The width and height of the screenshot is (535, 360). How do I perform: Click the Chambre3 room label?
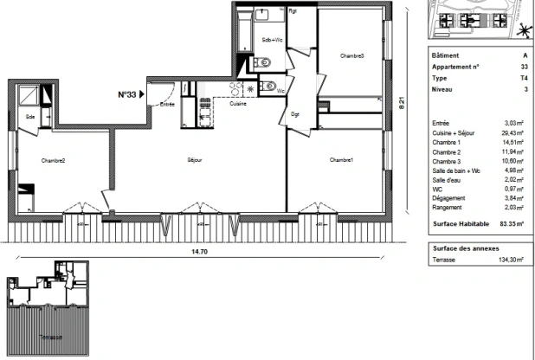click(x=351, y=56)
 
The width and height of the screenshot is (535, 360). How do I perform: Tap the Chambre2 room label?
click(x=53, y=160)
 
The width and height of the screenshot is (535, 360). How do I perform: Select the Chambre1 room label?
click(x=342, y=160)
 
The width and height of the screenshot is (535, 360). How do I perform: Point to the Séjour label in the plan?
click(x=194, y=160)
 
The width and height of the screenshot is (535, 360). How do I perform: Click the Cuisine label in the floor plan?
click(x=238, y=104)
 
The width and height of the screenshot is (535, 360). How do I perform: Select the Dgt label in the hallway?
click(x=295, y=113)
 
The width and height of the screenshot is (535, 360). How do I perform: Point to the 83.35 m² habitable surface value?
click(x=505, y=223)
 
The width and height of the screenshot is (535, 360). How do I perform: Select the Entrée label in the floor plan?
click(x=167, y=104)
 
